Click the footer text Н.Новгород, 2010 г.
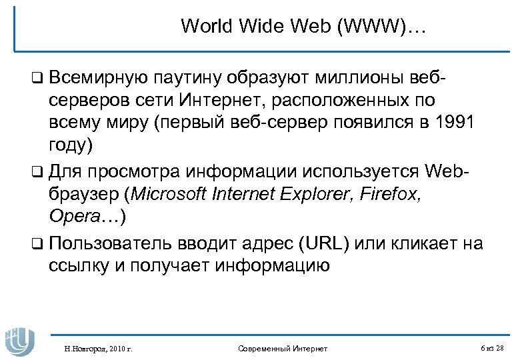click(x=95, y=349)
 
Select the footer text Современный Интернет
click(x=283, y=349)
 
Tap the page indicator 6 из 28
click(x=492, y=348)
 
